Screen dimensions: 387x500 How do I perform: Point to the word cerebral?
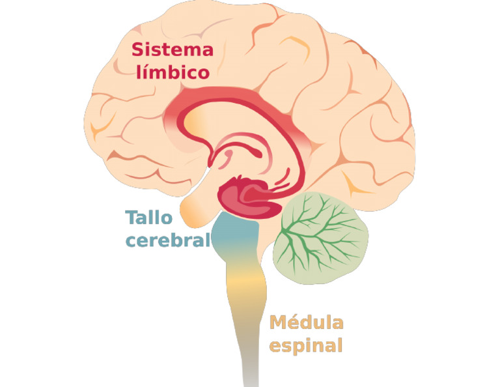tap(168, 239)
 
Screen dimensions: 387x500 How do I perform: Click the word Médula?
tap(306, 322)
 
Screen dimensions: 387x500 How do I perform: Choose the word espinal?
tap(306, 345)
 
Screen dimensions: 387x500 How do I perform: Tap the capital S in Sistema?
tap(137, 49)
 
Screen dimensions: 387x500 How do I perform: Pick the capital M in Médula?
tap(278, 322)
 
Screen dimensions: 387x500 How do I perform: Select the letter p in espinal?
tap(294, 346)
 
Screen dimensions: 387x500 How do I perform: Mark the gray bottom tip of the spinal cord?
tap(249, 373)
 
